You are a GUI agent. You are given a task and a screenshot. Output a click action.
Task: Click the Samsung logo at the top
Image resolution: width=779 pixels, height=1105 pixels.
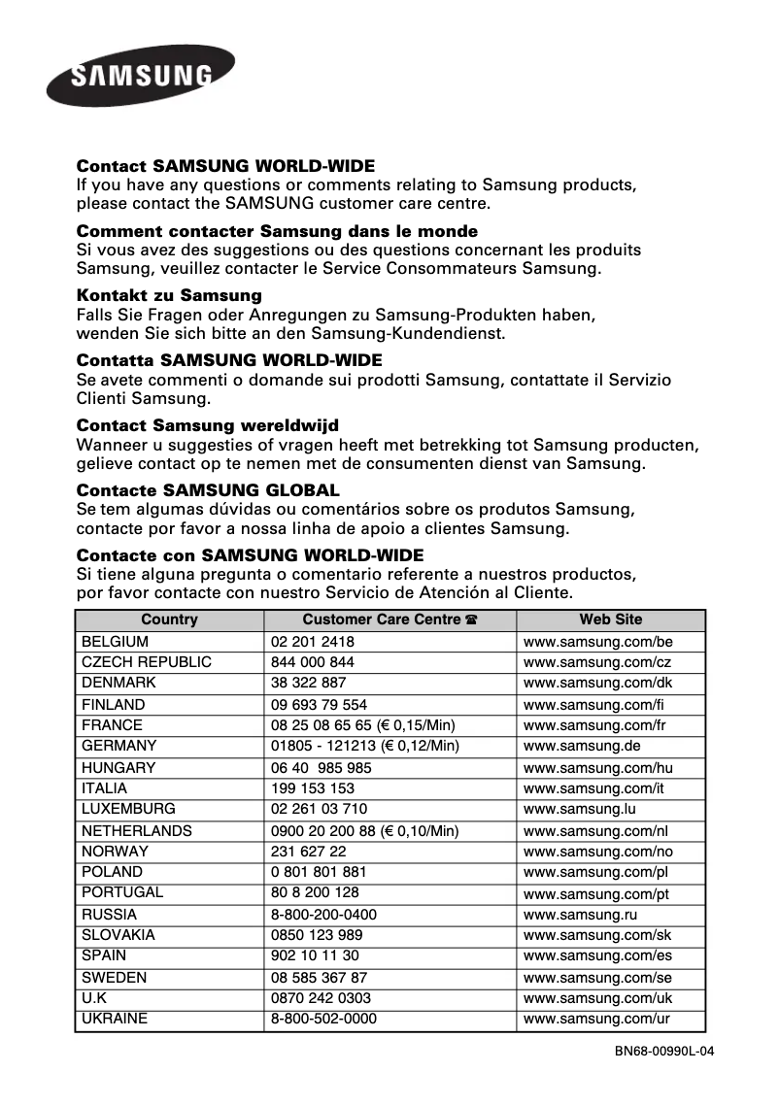140,76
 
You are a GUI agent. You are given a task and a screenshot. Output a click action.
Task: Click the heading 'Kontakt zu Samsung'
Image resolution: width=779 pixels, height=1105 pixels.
169,295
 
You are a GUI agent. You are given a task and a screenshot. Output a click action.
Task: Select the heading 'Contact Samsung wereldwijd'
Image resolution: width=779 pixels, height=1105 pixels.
207,425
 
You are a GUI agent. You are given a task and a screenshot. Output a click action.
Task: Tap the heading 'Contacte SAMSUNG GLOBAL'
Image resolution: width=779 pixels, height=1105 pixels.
208,490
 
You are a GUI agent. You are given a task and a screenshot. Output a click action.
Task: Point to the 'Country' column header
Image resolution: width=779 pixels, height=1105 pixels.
169,619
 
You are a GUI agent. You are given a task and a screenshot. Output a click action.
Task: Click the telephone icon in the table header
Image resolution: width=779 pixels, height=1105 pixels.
471,620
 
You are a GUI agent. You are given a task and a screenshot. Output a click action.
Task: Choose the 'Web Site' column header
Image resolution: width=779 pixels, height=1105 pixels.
610,619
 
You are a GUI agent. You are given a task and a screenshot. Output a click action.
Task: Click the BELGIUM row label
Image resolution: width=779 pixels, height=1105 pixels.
115,642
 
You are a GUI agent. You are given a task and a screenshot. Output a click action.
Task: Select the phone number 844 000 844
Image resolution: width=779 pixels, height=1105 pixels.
312,662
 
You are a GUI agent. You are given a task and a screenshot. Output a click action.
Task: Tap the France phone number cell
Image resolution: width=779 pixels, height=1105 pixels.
362,725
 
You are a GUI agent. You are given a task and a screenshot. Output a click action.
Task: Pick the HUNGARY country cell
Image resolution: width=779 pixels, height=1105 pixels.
118,768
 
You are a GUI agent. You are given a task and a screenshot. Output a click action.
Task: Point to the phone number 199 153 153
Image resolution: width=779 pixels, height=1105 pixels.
312,789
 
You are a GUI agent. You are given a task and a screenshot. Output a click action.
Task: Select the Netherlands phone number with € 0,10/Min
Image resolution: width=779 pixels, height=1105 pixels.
364,831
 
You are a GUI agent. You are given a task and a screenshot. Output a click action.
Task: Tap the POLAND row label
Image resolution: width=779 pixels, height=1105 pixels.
112,872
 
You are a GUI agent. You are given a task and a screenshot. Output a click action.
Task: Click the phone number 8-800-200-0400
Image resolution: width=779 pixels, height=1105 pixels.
323,915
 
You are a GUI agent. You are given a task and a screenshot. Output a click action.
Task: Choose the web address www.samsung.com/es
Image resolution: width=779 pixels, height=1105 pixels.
597,956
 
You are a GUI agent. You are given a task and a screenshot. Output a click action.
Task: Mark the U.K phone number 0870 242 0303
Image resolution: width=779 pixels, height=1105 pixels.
321,998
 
